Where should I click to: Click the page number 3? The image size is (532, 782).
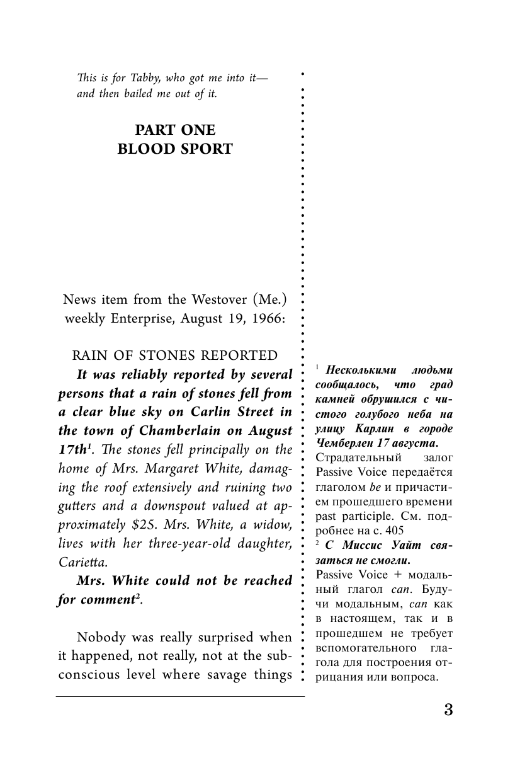pyautogui.click(x=448, y=709)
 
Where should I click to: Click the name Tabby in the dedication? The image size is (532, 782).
pyautogui.click(x=131, y=78)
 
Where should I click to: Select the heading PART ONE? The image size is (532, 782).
pyautogui.click(x=176, y=130)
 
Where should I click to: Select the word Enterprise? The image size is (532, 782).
pyautogui.click(x=144, y=319)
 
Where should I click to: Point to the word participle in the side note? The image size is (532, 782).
pyautogui.click(x=361, y=515)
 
